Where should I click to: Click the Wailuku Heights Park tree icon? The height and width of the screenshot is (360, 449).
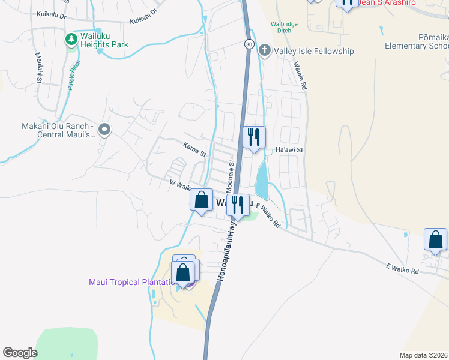71,40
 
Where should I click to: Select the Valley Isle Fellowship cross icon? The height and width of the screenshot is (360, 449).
264,52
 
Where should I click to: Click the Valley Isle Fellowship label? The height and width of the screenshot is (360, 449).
314,52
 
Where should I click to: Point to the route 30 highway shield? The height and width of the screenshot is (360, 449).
249,44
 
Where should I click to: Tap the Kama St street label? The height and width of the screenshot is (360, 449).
194,149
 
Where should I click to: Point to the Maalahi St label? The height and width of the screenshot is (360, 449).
38,67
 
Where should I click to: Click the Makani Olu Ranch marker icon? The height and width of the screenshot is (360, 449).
104,130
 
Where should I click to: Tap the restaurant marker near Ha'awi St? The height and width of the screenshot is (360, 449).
255,138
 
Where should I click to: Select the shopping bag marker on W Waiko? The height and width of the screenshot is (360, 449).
202,200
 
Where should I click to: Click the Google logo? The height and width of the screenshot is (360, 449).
20,353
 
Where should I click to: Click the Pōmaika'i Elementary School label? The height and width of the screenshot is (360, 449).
416,41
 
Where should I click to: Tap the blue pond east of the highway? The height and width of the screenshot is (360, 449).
262,181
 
